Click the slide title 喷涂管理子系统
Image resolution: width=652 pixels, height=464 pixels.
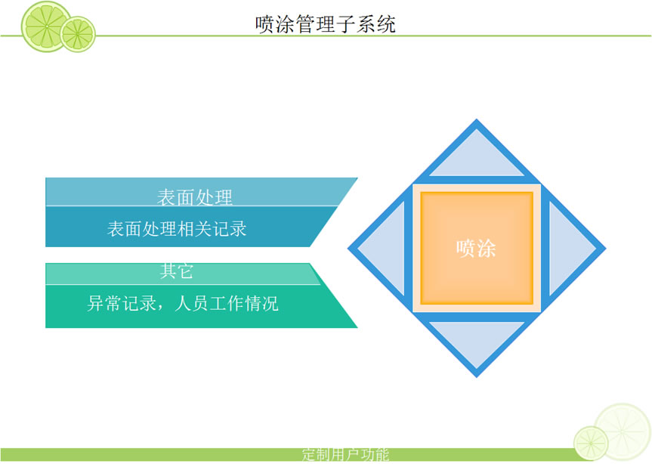(x=325, y=23)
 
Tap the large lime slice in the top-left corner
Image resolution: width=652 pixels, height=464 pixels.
(x=46, y=26)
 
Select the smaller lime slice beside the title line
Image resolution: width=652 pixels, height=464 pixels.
(x=78, y=34)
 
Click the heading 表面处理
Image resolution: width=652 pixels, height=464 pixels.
(x=195, y=197)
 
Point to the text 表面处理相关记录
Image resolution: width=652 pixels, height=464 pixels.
(x=177, y=229)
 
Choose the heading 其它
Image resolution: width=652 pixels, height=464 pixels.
(x=176, y=271)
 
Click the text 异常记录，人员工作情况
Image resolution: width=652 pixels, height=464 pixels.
(x=183, y=303)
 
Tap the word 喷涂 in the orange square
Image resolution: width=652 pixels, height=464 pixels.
(x=476, y=249)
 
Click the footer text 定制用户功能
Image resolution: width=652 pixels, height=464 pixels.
(x=345, y=454)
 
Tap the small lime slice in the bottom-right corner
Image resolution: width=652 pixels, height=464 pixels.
(x=591, y=443)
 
